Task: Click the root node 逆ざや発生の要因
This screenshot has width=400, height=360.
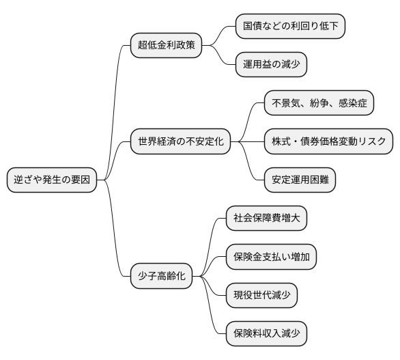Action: [x=51, y=180]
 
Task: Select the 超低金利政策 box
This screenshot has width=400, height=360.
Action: [x=166, y=46]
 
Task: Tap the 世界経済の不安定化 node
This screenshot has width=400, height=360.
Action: [x=180, y=142]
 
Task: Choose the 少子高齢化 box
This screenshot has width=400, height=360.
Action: [x=161, y=277]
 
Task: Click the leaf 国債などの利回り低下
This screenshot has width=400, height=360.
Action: [x=290, y=27]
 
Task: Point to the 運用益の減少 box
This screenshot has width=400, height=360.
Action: [x=270, y=65]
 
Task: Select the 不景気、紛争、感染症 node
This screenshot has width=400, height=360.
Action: [x=319, y=104]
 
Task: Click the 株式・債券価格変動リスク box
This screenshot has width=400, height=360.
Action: [x=329, y=142]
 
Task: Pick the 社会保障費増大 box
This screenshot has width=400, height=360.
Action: [x=266, y=219]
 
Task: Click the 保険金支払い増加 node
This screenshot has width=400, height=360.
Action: [x=271, y=258]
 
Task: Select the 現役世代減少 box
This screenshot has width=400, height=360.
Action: [x=261, y=296]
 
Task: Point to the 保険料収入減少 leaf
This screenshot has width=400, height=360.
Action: [x=266, y=334]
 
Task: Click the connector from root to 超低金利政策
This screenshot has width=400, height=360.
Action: [x=115, y=102]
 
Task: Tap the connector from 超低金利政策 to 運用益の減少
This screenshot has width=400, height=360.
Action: [x=220, y=58]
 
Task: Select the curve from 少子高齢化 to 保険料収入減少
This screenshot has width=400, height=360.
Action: [x=212, y=311]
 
